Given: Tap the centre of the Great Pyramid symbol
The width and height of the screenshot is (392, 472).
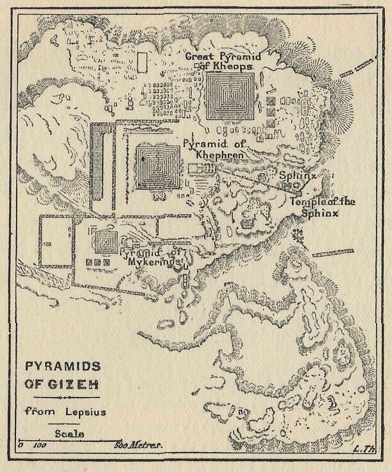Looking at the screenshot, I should point(230,96).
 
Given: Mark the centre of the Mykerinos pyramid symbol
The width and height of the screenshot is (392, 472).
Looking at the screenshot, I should point(105,241).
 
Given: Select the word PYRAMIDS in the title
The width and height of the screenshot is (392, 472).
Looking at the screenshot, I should point(63,366).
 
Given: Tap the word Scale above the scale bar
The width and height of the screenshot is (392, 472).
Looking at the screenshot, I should point(66,434).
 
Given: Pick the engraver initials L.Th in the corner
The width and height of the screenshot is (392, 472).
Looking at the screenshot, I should point(364,448).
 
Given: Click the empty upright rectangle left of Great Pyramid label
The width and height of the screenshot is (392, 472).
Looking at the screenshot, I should point(142,62).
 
